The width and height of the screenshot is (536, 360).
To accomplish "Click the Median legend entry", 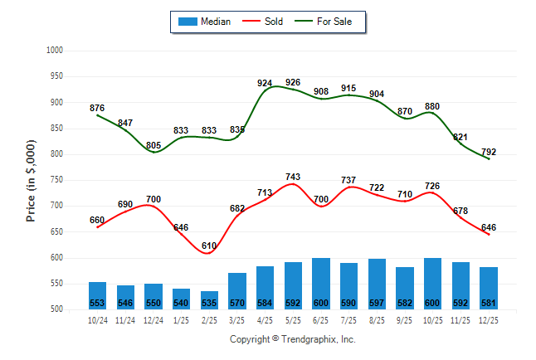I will [x=203, y=22].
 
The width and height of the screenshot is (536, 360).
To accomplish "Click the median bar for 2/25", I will [x=209, y=300].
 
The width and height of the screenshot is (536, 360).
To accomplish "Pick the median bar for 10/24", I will [x=97, y=295].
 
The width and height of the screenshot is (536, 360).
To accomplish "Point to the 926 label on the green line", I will [x=293, y=82].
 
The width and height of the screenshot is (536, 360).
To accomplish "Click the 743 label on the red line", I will [x=293, y=178].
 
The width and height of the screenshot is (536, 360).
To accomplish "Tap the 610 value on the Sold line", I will [x=209, y=246].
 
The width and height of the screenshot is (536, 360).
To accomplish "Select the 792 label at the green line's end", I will [x=488, y=152].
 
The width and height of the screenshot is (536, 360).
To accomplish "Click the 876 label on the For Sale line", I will [x=97, y=108].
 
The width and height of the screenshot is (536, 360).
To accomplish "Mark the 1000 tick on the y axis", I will [x=56, y=51].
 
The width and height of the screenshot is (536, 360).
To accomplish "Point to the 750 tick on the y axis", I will [x=56, y=180].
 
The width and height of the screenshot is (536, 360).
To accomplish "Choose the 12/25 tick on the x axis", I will [x=488, y=319].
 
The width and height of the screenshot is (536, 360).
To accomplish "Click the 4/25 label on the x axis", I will [x=265, y=319].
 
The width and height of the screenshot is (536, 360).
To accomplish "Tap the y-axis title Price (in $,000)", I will [x=32, y=180].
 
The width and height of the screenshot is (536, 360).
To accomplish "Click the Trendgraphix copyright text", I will [x=292, y=339].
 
